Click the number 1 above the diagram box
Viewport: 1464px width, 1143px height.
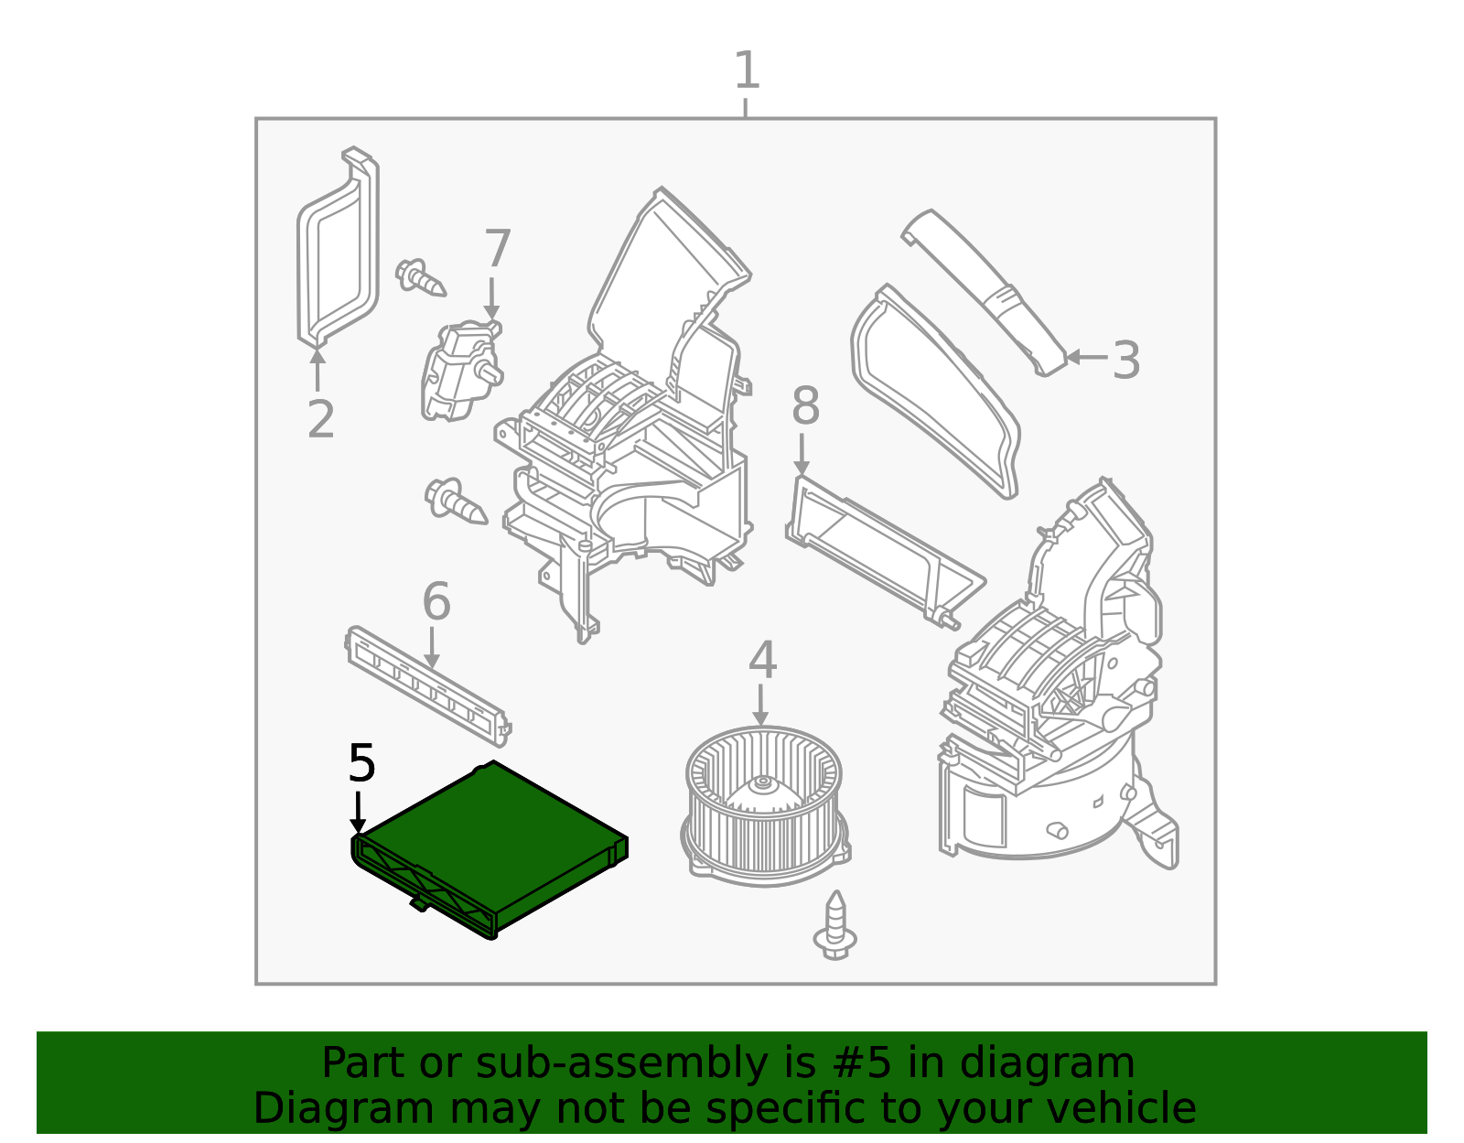click(x=747, y=70)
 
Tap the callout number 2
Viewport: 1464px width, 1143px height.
click(x=320, y=420)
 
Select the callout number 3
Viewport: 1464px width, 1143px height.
click(x=1125, y=361)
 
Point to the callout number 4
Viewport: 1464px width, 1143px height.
click(x=762, y=660)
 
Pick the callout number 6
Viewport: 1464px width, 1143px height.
click(x=436, y=601)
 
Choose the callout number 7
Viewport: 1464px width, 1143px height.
click(x=497, y=249)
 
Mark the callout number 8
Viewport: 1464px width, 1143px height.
click(x=805, y=405)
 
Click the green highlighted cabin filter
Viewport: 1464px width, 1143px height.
click(x=490, y=850)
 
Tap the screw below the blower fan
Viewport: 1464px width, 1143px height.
click(x=835, y=925)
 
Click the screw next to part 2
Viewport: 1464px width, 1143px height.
click(x=420, y=277)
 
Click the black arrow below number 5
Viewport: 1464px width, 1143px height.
click(x=358, y=813)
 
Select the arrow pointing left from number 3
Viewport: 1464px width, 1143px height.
click(x=1087, y=357)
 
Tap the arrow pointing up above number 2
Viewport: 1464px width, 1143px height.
click(x=318, y=370)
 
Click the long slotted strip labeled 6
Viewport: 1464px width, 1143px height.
click(x=428, y=686)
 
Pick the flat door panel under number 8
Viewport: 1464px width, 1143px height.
click(x=886, y=553)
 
